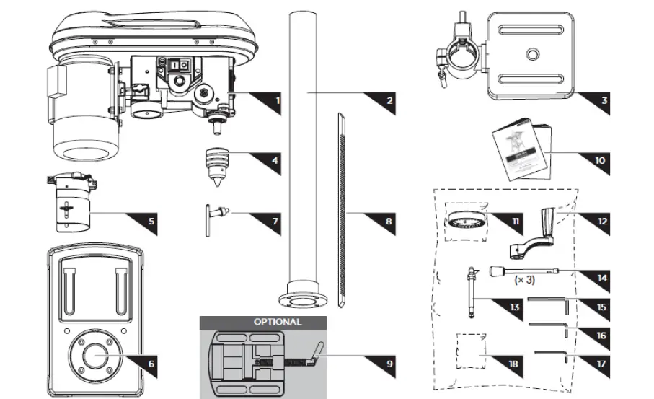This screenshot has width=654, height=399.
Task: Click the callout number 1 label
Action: click(277, 101)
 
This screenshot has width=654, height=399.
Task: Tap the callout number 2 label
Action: click(389, 101)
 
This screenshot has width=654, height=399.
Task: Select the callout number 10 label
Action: click(600, 160)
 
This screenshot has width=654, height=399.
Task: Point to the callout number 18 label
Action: click(513, 364)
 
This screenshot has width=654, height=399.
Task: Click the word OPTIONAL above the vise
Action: click(278, 322)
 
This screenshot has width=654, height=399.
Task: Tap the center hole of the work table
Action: click(532, 54)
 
